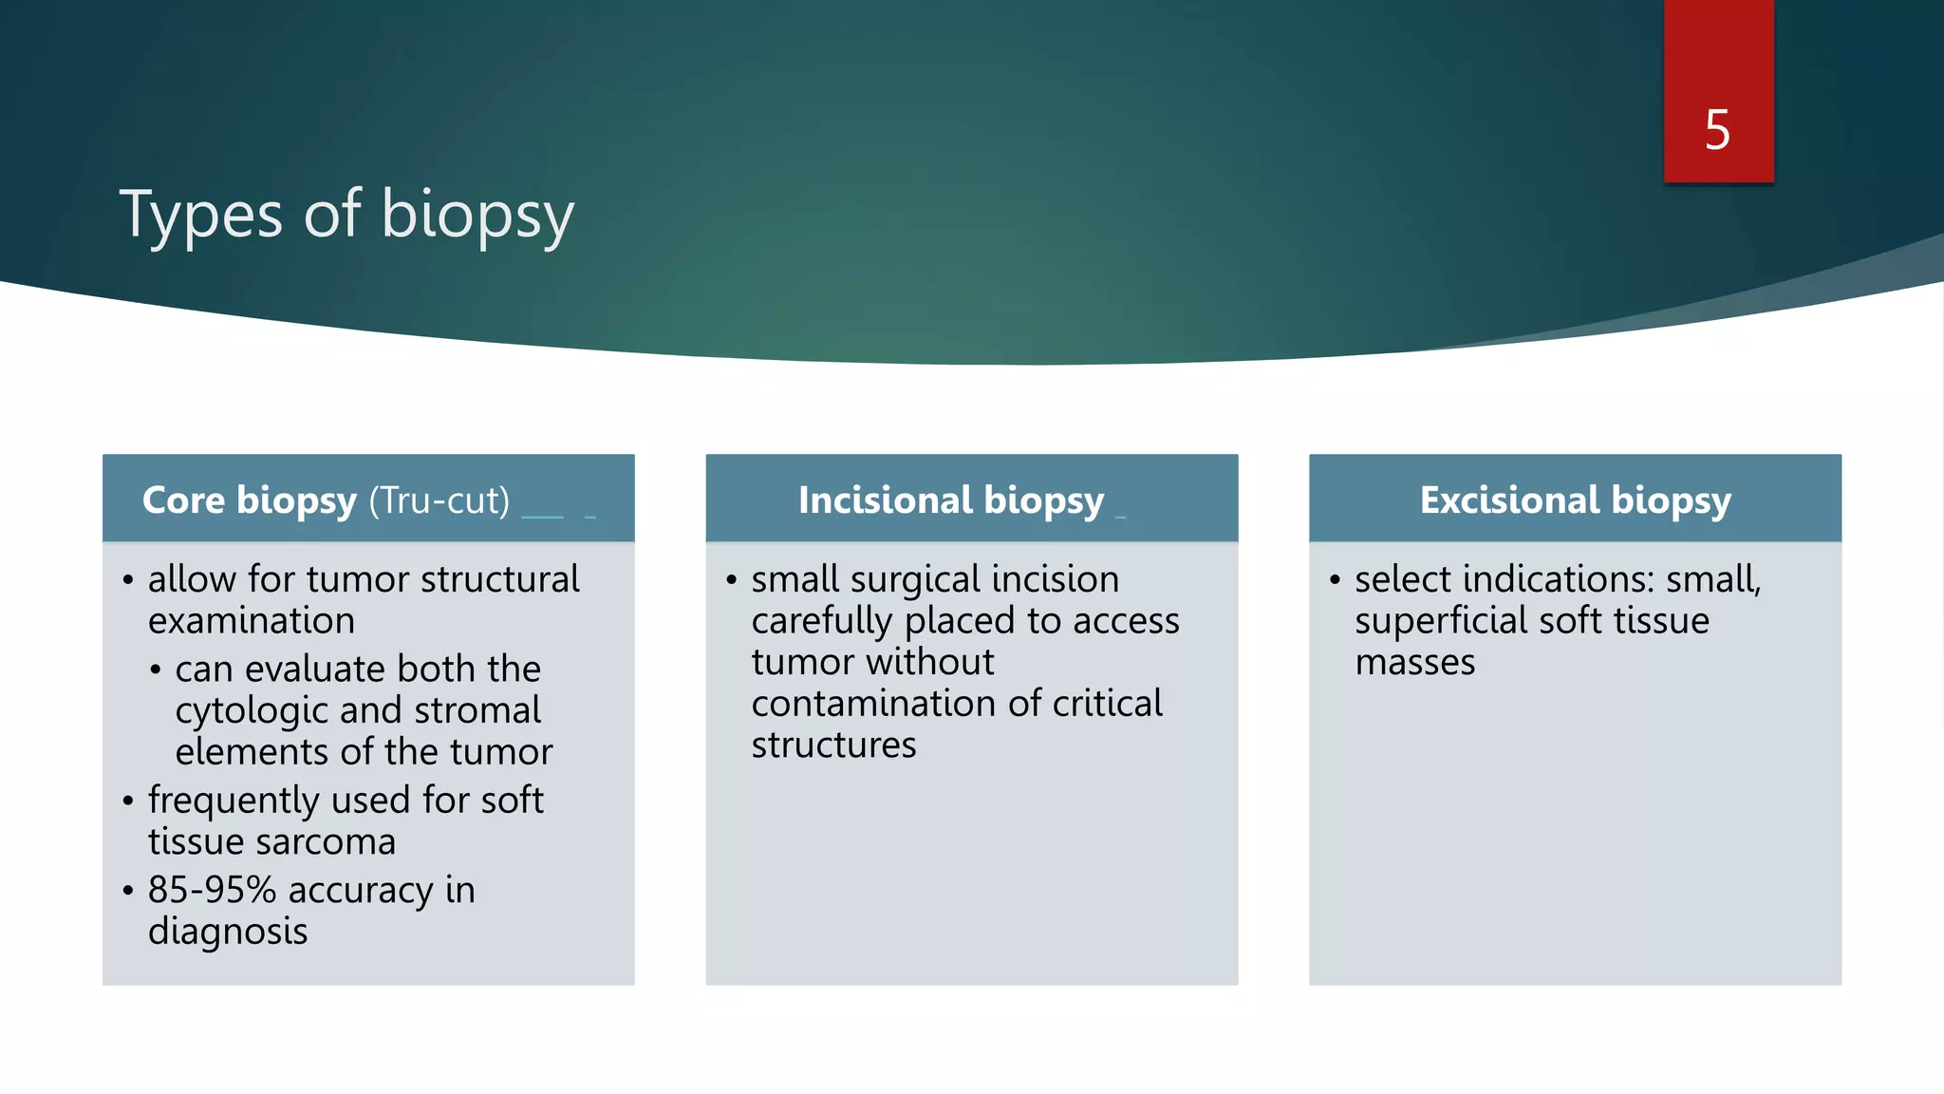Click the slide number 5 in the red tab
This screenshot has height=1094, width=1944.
(x=1717, y=130)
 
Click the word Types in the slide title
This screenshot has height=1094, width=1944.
(x=200, y=215)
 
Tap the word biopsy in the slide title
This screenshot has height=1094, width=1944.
(x=477, y=215)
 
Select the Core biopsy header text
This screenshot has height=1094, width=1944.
(x=249, y=500)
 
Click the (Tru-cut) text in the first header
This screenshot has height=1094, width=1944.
(x=439, y=500)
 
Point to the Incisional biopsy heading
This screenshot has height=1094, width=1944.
(x=951, y=500)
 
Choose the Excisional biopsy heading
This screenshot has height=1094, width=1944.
(x=1575, y=500)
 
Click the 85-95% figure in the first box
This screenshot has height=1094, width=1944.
(x=212, y=890)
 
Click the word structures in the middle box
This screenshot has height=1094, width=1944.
(x=833, y=745)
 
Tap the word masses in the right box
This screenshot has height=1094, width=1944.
(x=1414, y=663)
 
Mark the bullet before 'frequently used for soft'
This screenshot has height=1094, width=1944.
(x=128, y=801)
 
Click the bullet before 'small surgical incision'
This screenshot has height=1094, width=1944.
(x=731, y=579)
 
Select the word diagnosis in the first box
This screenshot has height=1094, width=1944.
(x=228, y=932)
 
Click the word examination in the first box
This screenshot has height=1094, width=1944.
(x=252, y=621)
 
